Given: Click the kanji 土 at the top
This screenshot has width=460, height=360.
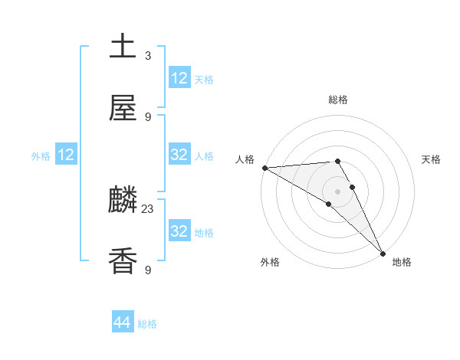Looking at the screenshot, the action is pyautogui.click(x=123, y=46).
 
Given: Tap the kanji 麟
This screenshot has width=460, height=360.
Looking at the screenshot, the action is pyautogui.click(x=123, y=201).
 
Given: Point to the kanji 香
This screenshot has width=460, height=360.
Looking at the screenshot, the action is pyautogui.click(x=123, y=261).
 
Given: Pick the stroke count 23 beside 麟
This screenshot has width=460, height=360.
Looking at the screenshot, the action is pyautogui.click(x=148, y=208).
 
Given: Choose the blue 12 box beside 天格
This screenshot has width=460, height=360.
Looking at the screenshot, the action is pyautogui.click(x=179, y=77).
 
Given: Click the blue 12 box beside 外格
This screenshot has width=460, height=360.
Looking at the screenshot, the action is pyautogui.click(x=66, y=155).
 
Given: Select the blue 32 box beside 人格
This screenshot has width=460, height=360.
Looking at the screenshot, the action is pyautogui.click(x=179, y=155).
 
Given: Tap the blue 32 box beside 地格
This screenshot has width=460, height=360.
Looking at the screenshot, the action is pyautogui.click(x=179, y=231).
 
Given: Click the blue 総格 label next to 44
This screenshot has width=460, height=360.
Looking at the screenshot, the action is pyautogui.click(x=147, y=324).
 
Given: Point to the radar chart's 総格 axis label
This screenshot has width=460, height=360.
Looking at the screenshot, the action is pyautogui.click(x=338, y=100).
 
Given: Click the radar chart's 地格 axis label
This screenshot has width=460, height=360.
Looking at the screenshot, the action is pyautogui.click(x=402, y=262).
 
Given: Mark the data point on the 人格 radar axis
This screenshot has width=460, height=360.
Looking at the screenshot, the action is pyautogui.click(x=264, y=168).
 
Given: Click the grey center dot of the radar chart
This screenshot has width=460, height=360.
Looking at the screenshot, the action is pyautogui.click(x=338, y=191).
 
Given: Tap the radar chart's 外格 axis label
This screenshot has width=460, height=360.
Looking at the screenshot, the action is pyautogui.click(x=270, y=262).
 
